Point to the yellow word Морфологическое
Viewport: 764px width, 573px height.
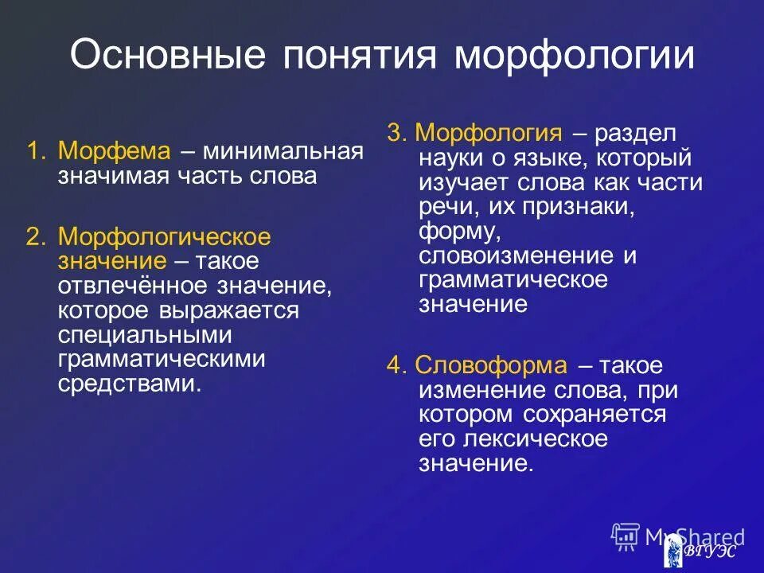[165, 237]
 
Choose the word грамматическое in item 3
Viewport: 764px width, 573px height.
[513, 280]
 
